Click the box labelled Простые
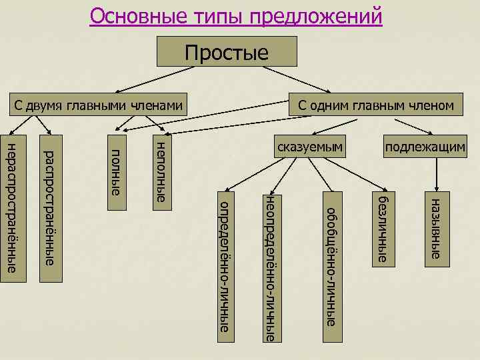click(226, 51)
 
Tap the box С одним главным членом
click(377, 105)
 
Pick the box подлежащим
click(425, 147)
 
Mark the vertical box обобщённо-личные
click(331, 260)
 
